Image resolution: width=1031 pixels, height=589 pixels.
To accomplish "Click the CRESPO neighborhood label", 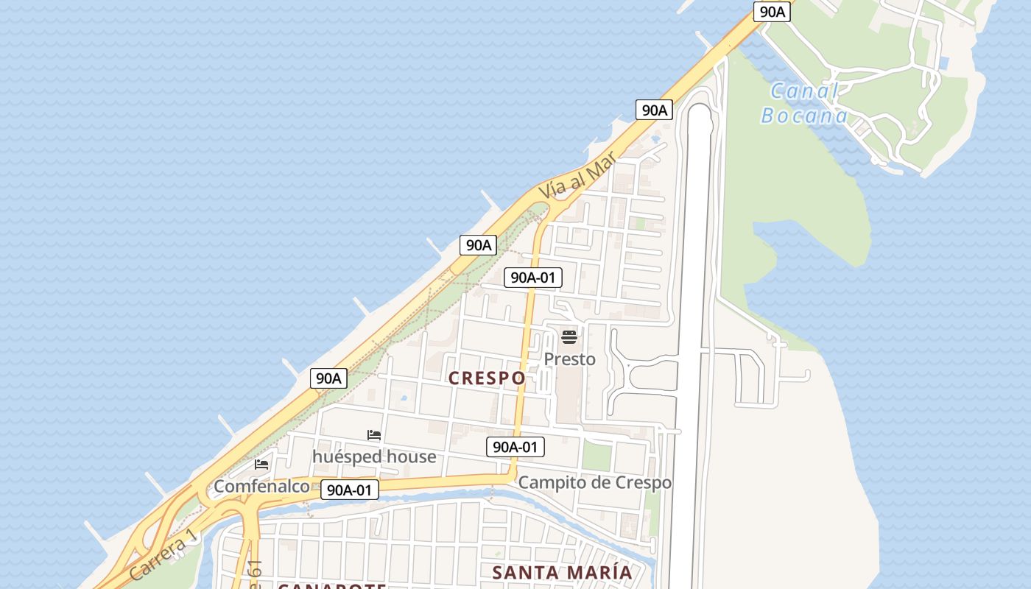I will click(x=488, y=378).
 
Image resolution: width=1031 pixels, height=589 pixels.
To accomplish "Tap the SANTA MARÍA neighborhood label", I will click(x=562, y=572).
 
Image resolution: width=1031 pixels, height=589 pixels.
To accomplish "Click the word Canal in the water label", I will click(x=804, y=92).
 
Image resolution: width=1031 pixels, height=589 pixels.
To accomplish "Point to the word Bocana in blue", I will click(x=804, y=116).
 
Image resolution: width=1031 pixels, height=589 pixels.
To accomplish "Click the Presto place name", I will click(x=569, y=359).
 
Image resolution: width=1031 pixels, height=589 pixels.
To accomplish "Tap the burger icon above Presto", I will click(x=569, y=337).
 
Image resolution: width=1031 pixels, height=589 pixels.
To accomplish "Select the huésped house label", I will click(x=374, y=456).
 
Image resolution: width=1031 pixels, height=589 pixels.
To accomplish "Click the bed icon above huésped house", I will click(x=374, y=435).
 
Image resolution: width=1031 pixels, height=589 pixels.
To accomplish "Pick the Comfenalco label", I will click(x=261, y=486).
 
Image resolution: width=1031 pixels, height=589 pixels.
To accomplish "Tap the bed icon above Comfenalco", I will click(x=261, y=465).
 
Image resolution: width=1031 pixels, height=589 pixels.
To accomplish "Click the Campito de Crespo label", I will click(x=595, y=482).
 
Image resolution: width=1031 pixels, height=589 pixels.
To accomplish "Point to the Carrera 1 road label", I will click(x=163, y=554).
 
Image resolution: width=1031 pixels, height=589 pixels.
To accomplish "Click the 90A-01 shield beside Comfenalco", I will click(x=350, y=490).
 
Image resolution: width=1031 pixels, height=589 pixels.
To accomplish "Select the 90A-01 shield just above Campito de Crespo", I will click(x=515, y=446).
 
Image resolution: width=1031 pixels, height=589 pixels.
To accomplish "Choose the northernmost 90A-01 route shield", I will click(x=533, y=278).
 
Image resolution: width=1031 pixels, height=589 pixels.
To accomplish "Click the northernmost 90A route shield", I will click(x=772, y=12).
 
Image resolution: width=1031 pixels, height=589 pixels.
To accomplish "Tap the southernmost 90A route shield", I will click(x=328, y=378).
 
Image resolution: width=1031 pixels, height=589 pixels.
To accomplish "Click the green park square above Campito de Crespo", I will click(x=597, y=456).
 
